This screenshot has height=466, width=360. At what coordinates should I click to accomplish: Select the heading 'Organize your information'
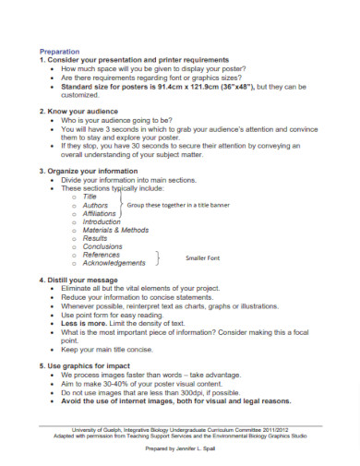pos(91,171)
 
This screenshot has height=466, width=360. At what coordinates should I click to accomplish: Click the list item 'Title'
pos(90,197)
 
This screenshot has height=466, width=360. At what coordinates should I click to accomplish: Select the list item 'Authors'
pos(96,205)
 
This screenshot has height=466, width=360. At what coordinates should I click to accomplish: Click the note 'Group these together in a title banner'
pos(178,205)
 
